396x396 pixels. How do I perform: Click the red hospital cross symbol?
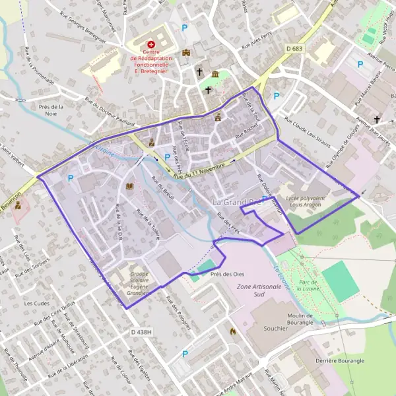150,44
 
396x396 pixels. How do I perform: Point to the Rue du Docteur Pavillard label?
110,112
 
